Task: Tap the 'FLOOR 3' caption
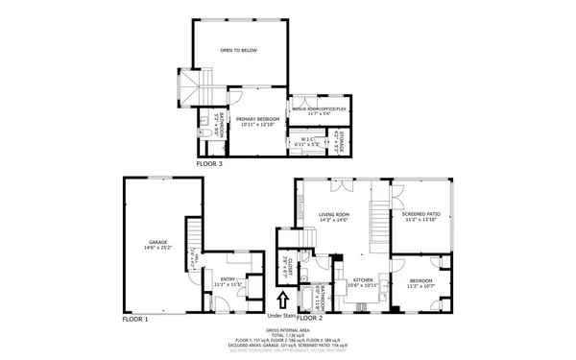click(209, 164)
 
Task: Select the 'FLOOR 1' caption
click(134, 317)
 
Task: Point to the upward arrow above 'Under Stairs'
click(281, 300)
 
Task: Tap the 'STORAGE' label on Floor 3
click(339, 144)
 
